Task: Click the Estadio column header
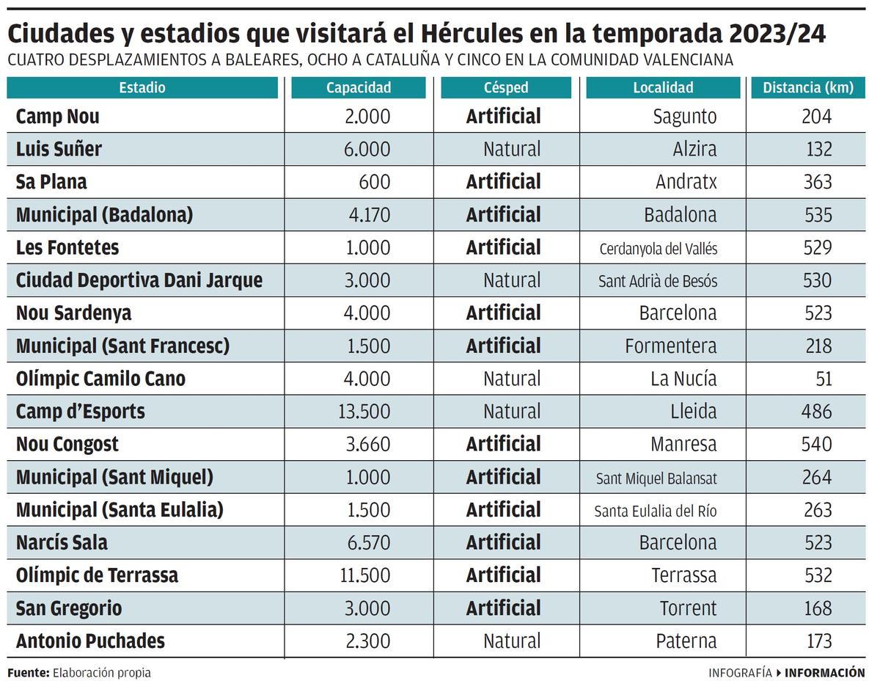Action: (142, 87)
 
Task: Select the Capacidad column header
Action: (359, 87)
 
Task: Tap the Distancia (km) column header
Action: (808, 87)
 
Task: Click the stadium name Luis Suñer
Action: (59, 149)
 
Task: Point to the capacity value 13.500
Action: (364, 411)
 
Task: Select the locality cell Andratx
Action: (686, 182)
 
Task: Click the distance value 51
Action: (824, 379)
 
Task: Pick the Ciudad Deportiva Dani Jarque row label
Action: (139, 280)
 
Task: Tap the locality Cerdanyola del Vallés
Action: (658, 248)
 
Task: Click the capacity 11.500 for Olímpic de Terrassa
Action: (364, 575)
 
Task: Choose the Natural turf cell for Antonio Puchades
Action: (511, 641)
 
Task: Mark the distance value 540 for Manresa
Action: (816, 444)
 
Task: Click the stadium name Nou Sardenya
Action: (73, 313)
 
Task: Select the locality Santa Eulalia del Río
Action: (655, 510)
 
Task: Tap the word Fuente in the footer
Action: (28, 672)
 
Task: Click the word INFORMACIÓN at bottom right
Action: (825, 672)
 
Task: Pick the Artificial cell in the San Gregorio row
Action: (503, 608)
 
